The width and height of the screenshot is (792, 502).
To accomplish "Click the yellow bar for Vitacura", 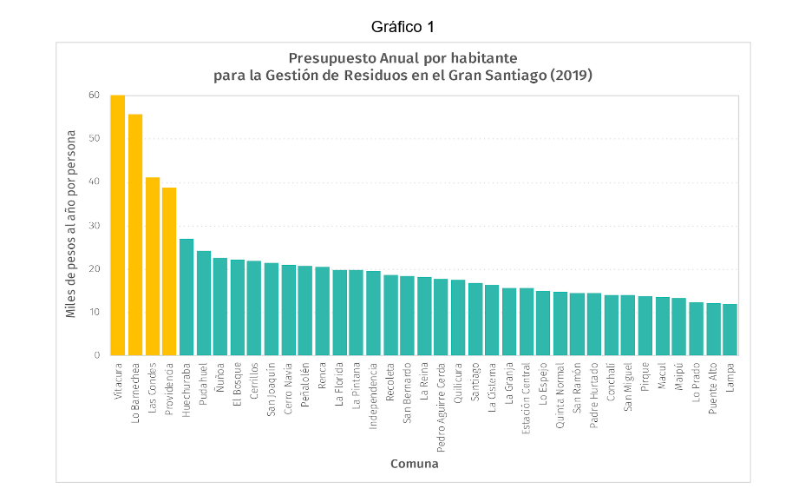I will tap(117, 225).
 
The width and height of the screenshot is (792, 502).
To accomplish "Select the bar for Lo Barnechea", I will tap(134, 234).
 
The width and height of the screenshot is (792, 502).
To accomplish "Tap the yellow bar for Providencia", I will tap(168, 271).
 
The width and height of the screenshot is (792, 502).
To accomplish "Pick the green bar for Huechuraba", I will tap(186, 296).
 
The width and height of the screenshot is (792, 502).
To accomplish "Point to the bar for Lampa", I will tap(730, 329).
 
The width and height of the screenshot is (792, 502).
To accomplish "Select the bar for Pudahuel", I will tap(203, 302).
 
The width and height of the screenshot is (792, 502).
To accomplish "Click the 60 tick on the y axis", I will tap(93, 95).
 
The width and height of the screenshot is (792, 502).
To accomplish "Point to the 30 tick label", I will tap(93, 225).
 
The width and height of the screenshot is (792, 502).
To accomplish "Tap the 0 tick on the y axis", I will tap(96, 355).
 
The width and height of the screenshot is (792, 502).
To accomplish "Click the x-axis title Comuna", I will tap(414, 464).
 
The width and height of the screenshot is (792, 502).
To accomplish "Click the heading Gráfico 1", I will tap(402, 27).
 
